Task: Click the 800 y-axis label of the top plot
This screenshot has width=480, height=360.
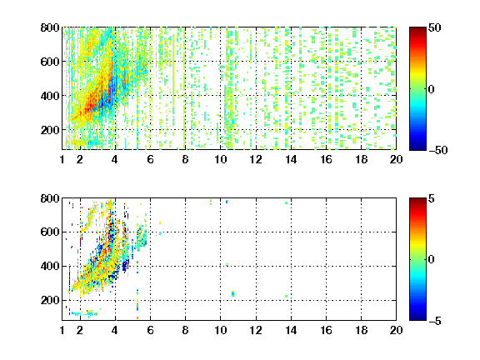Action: point(50,27)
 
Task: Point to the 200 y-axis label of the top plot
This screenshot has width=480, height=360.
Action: point(50,130)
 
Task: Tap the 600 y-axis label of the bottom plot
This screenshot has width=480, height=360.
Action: point(50,232)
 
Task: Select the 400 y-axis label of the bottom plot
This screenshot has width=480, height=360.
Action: point(50,266)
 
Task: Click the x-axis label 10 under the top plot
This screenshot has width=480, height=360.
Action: point(220,159)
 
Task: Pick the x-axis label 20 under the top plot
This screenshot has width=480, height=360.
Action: point(396,159)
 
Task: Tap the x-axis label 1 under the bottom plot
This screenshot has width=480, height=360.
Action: point(62,330)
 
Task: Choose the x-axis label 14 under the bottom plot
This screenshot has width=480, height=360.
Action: point(291,330)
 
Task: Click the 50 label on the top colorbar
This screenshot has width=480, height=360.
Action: point(434,27)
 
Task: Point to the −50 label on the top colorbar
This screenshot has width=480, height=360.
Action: point(437,150)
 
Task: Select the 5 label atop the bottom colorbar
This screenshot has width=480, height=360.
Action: point(432,198)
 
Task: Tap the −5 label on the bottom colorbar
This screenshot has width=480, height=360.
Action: point(434,321)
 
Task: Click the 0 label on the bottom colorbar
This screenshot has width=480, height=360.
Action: point(432,260)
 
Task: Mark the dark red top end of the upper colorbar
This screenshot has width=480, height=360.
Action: point(417,29)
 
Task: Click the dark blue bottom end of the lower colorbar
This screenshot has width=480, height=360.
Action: point(417,318)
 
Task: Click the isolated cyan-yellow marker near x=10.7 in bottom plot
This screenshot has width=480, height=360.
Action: point(233,293)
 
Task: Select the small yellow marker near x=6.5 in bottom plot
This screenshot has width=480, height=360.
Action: point(160,222)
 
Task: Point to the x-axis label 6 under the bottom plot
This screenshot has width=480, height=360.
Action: point(150,330)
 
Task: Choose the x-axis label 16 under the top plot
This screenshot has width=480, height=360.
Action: point(326,159)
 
